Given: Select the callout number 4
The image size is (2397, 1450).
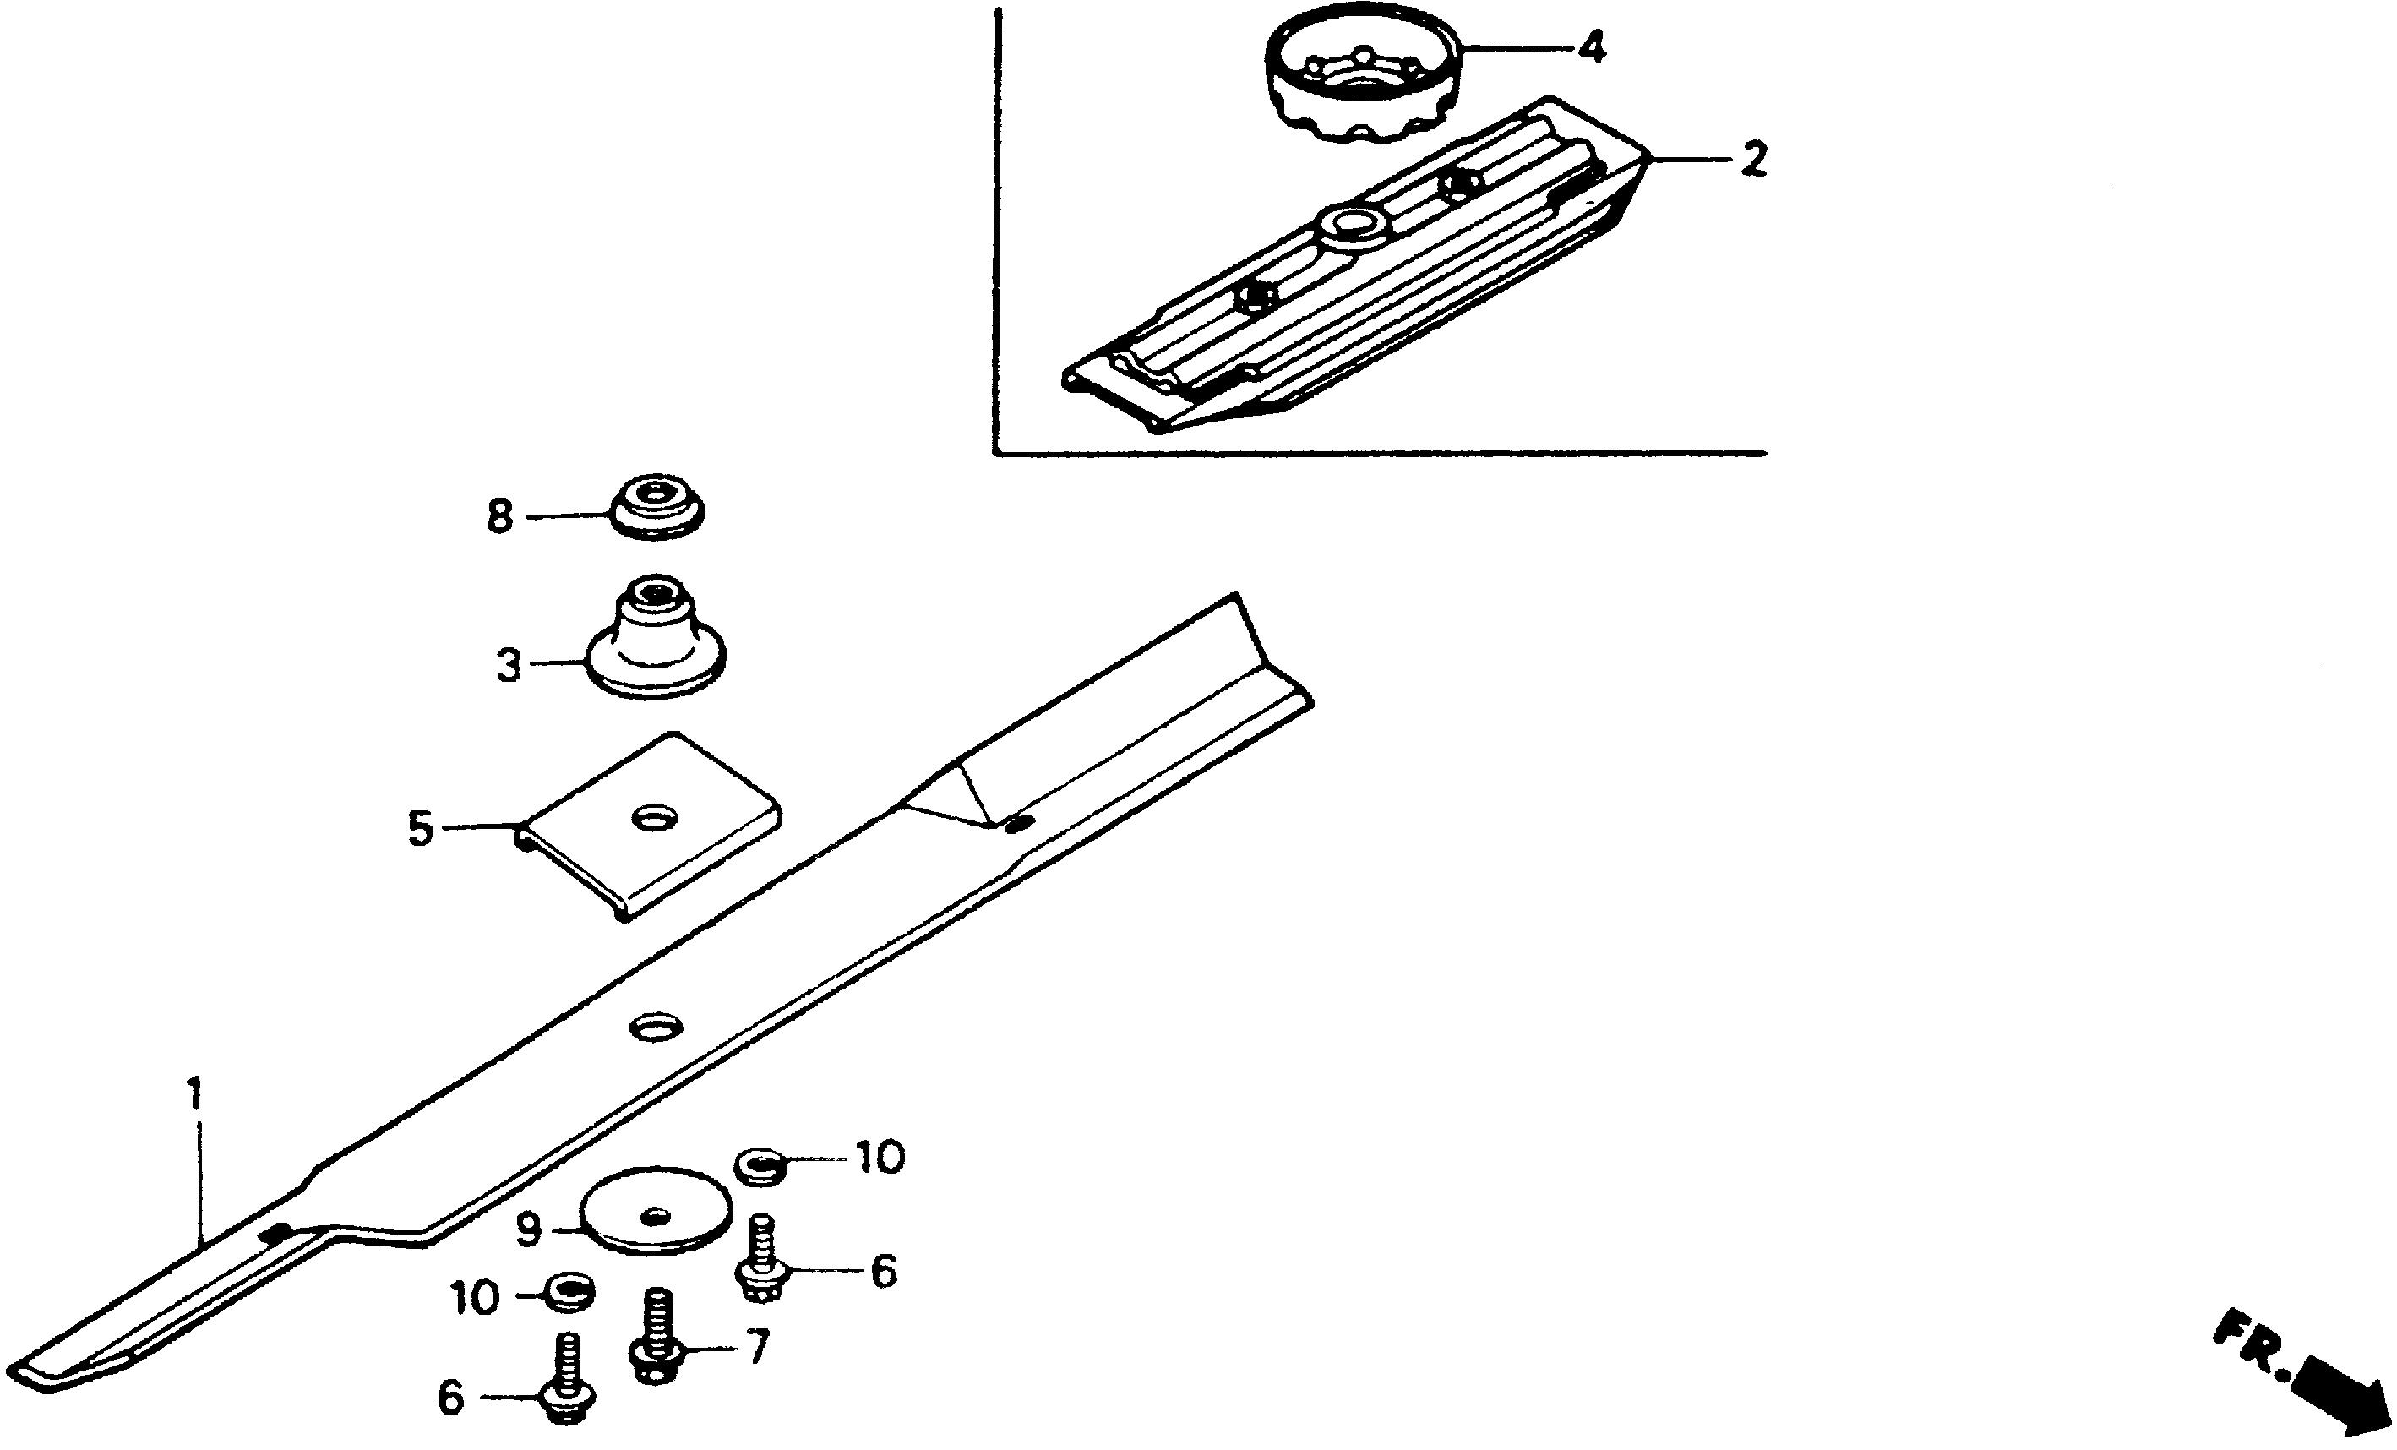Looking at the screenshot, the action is point(1591,46).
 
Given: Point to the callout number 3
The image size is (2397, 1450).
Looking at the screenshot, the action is point(509,667).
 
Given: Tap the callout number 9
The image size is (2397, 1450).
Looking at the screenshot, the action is point(528,1230).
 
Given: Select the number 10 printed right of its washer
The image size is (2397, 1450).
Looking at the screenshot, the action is point(880,1158).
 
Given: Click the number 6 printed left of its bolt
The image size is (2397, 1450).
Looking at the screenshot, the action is point(450,1398).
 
